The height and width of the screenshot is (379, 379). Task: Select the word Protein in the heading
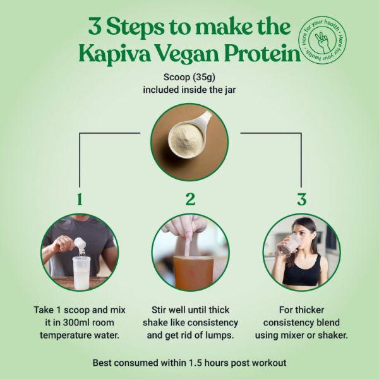click(262, 54)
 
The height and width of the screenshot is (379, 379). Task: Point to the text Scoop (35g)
click(189, 77)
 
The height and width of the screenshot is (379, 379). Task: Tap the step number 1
click(80, 200)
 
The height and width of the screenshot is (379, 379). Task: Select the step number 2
click(190, 200)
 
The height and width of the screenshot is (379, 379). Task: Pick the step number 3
click(302, 200)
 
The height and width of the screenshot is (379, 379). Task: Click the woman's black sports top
click(302, 272)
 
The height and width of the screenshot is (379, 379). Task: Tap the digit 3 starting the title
click(95, 27)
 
